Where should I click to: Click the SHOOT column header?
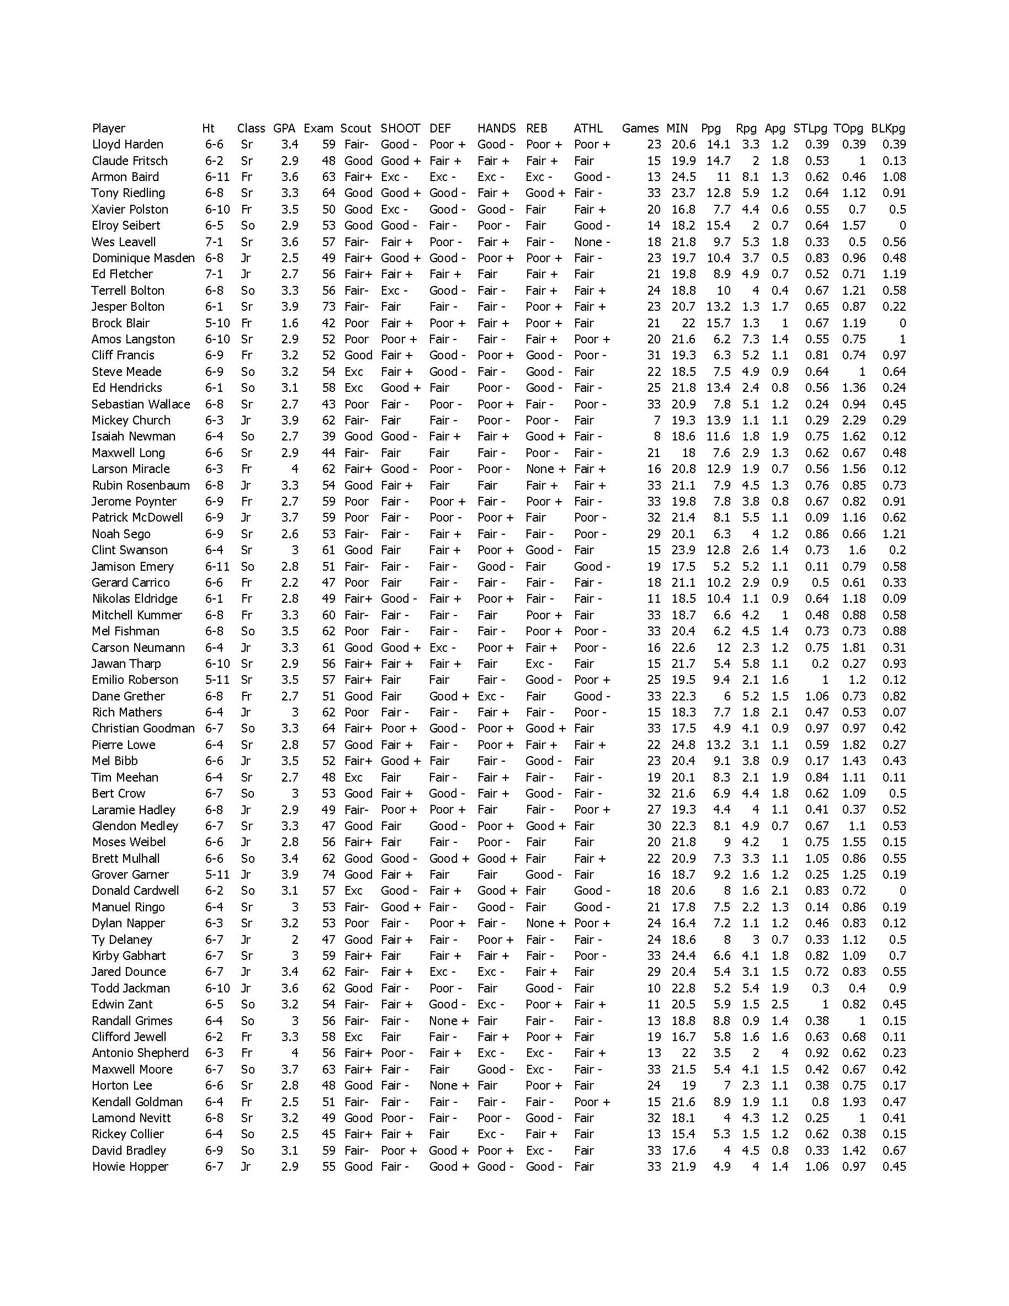(x=400, y=128)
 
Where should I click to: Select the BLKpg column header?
(x=888, y=128)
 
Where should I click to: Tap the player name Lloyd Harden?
(x=128, y=144)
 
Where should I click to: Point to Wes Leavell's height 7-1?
(x=214, y=242)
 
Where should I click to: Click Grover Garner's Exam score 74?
(x=328, y=874)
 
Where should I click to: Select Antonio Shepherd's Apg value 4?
(x=784, y=1053)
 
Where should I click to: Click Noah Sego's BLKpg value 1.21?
(x=894, y=534)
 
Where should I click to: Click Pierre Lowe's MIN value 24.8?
(x=683, y=745)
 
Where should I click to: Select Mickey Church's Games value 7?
(x=657, y=421)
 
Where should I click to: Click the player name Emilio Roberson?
(x=135, y=679)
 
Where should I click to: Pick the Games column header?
(x=640, y=128)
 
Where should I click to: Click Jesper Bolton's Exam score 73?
(x=328, y=306)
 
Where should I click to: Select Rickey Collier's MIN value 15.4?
(x=683, y=1134)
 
